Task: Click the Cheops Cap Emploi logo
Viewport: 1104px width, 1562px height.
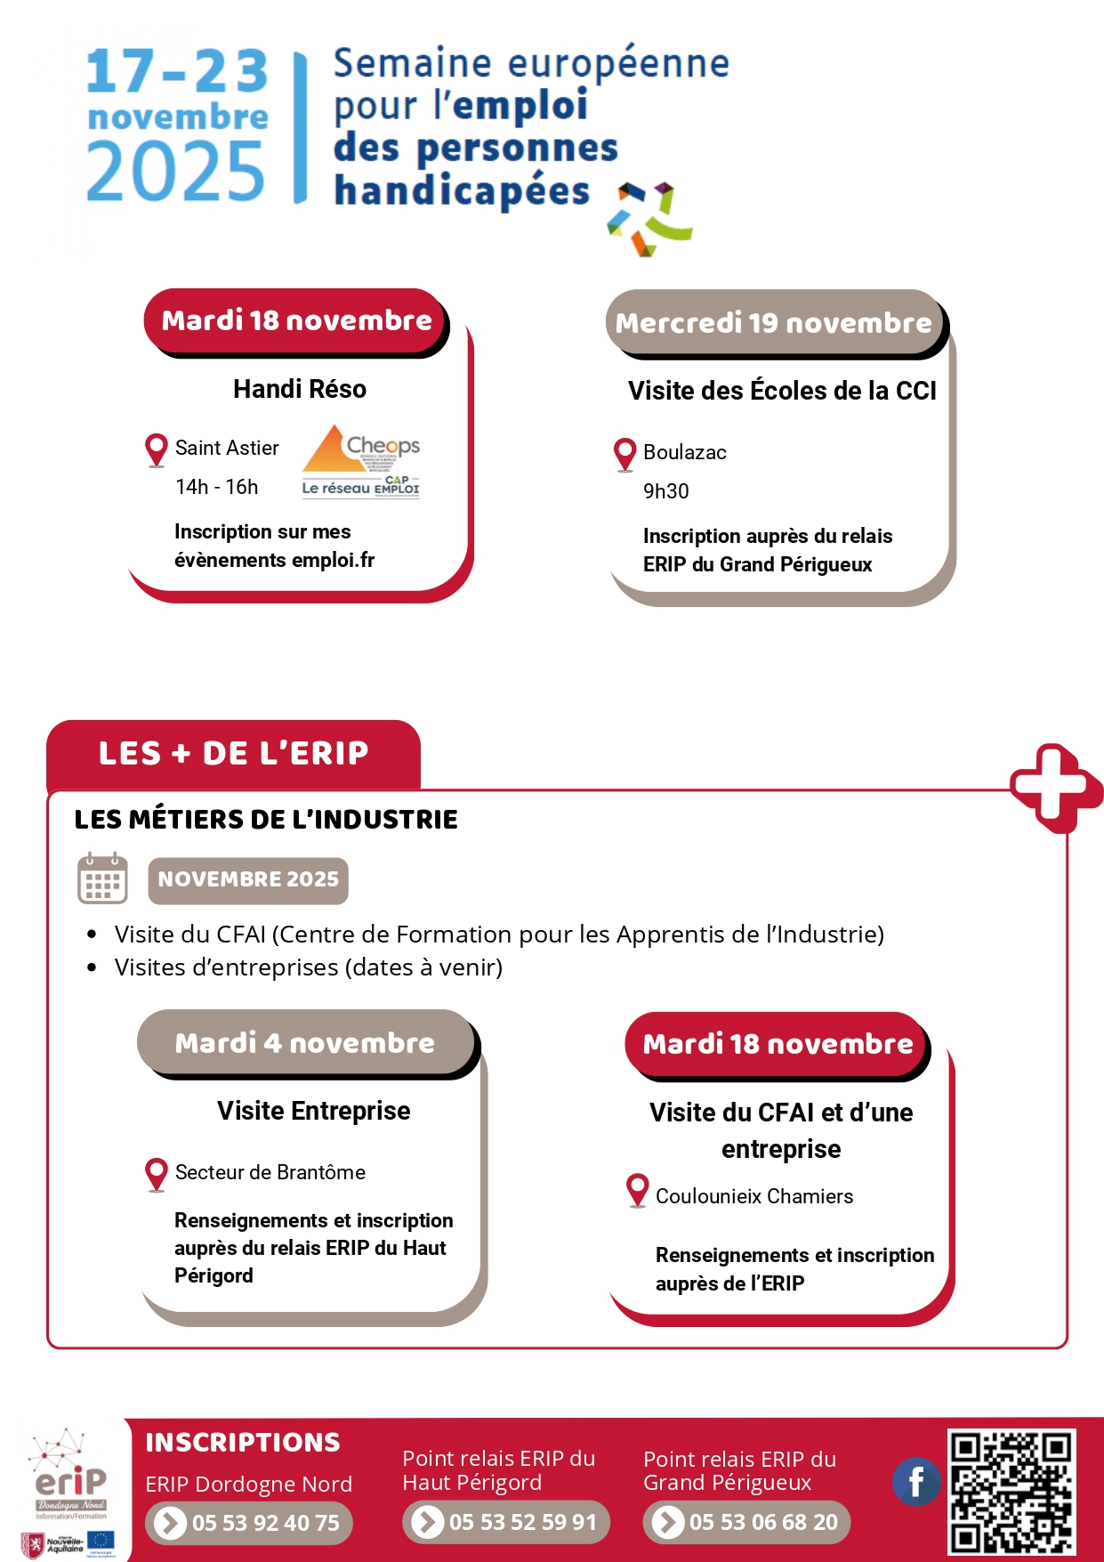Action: click(360, 461)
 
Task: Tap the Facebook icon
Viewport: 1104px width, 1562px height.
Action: click(915, 1482)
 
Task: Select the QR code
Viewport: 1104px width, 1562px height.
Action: click(1011, 1490)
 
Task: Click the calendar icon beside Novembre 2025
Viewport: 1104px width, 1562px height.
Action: click(102, 879)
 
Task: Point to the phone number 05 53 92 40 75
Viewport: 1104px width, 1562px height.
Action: click(249, 1523)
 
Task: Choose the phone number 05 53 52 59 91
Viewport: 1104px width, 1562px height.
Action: click(506, 1522)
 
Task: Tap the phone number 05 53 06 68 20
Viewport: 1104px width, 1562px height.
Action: click(746, 1522)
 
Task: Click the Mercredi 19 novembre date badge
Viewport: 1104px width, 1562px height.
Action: click(774, 322)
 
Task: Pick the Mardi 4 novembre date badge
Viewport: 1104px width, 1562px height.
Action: click(305, 1042)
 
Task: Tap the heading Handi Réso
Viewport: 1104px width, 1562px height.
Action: click(300, 389)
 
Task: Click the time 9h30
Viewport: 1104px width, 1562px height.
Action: click(666, 491)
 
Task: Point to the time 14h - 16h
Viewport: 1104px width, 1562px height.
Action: click(217, 487)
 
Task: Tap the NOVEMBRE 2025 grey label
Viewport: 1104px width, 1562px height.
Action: click(248, 879)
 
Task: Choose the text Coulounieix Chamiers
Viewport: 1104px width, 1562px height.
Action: click(754, 1196)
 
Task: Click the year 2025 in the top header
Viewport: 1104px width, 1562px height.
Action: click(175, 172)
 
